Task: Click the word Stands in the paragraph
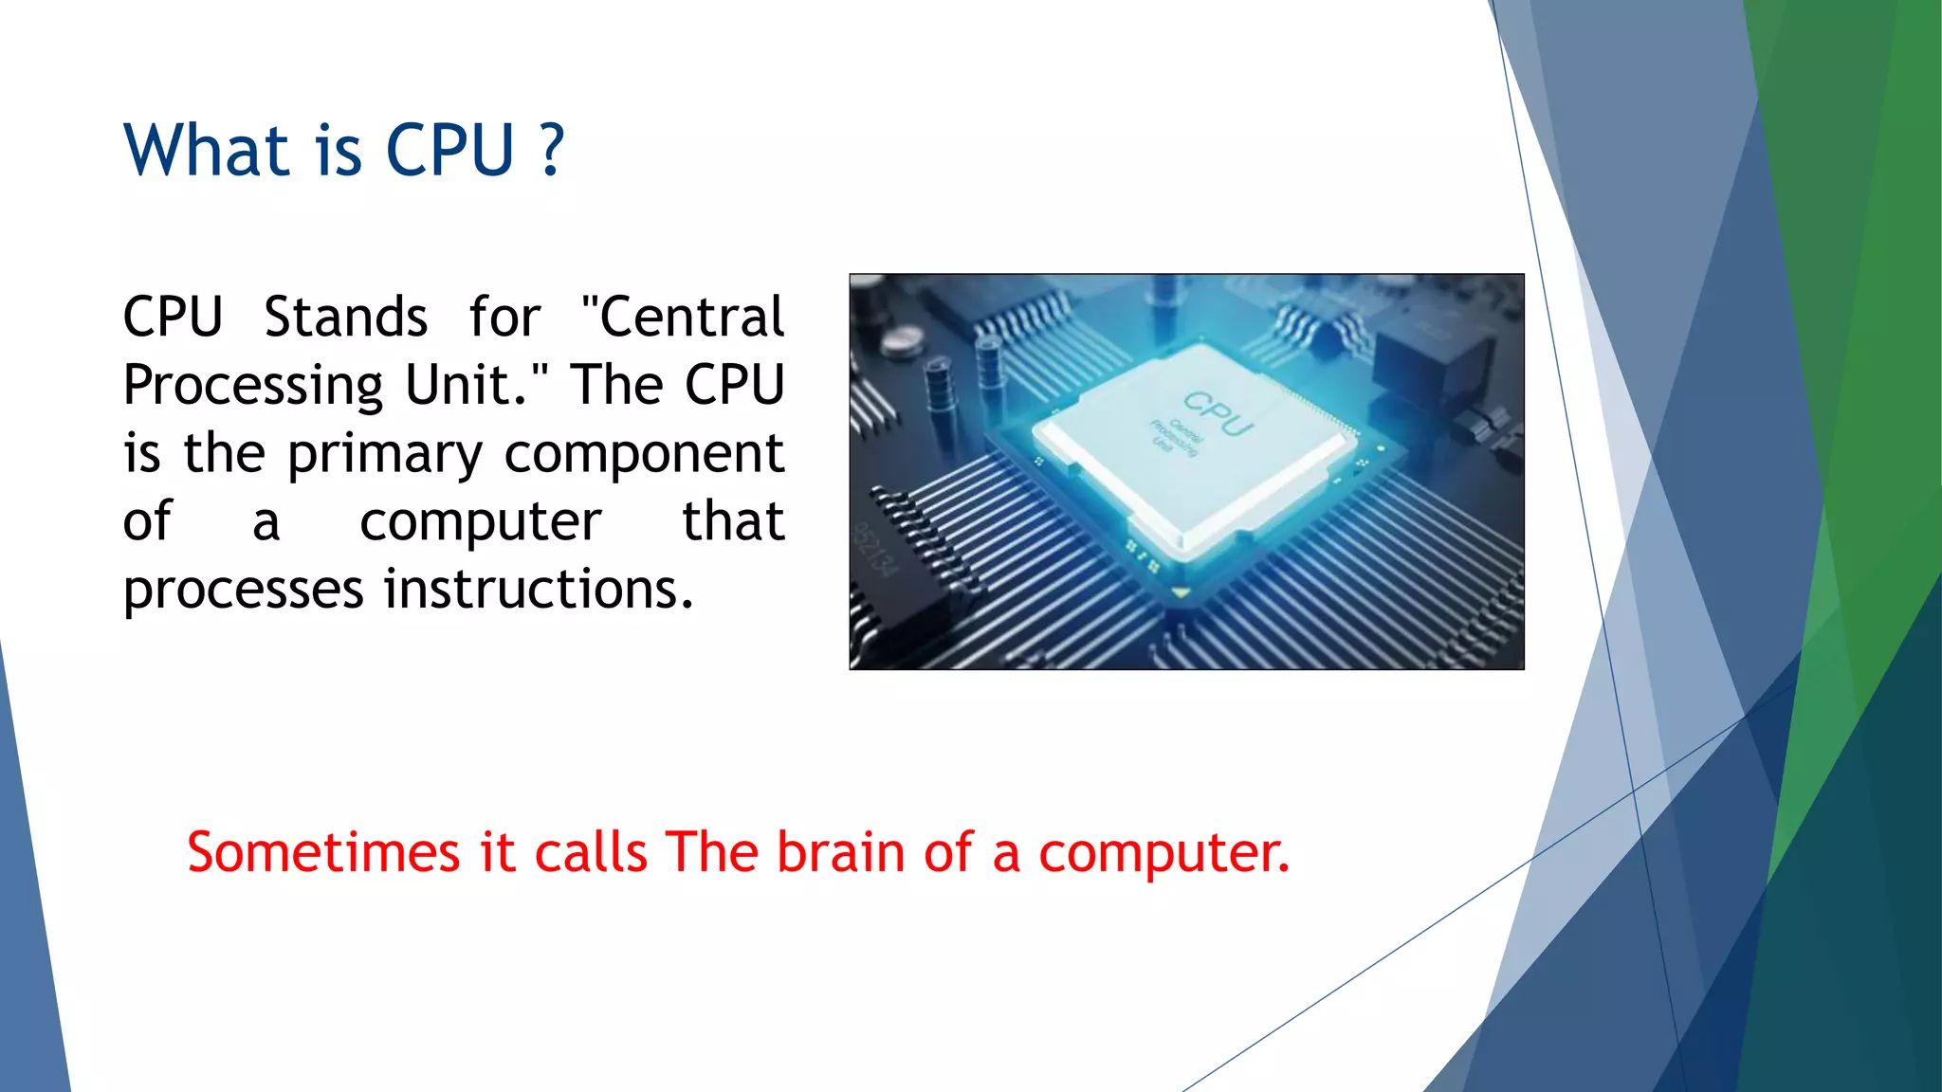tap(345, 317)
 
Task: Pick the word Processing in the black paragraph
tap(252, 387)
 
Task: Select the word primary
tap(385, 455)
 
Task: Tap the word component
tap(644, 455)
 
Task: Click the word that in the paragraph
tap(733, 521)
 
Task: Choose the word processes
tap(244, 591)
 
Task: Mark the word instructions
tap(538, 590)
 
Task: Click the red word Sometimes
tap(322, 851)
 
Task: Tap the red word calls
tap(591, 851)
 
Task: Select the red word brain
tap(840, 851)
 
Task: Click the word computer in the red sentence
tap(1163, 853)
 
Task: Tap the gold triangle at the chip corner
tap(1181, 593)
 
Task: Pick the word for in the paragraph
tap(504, 317)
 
